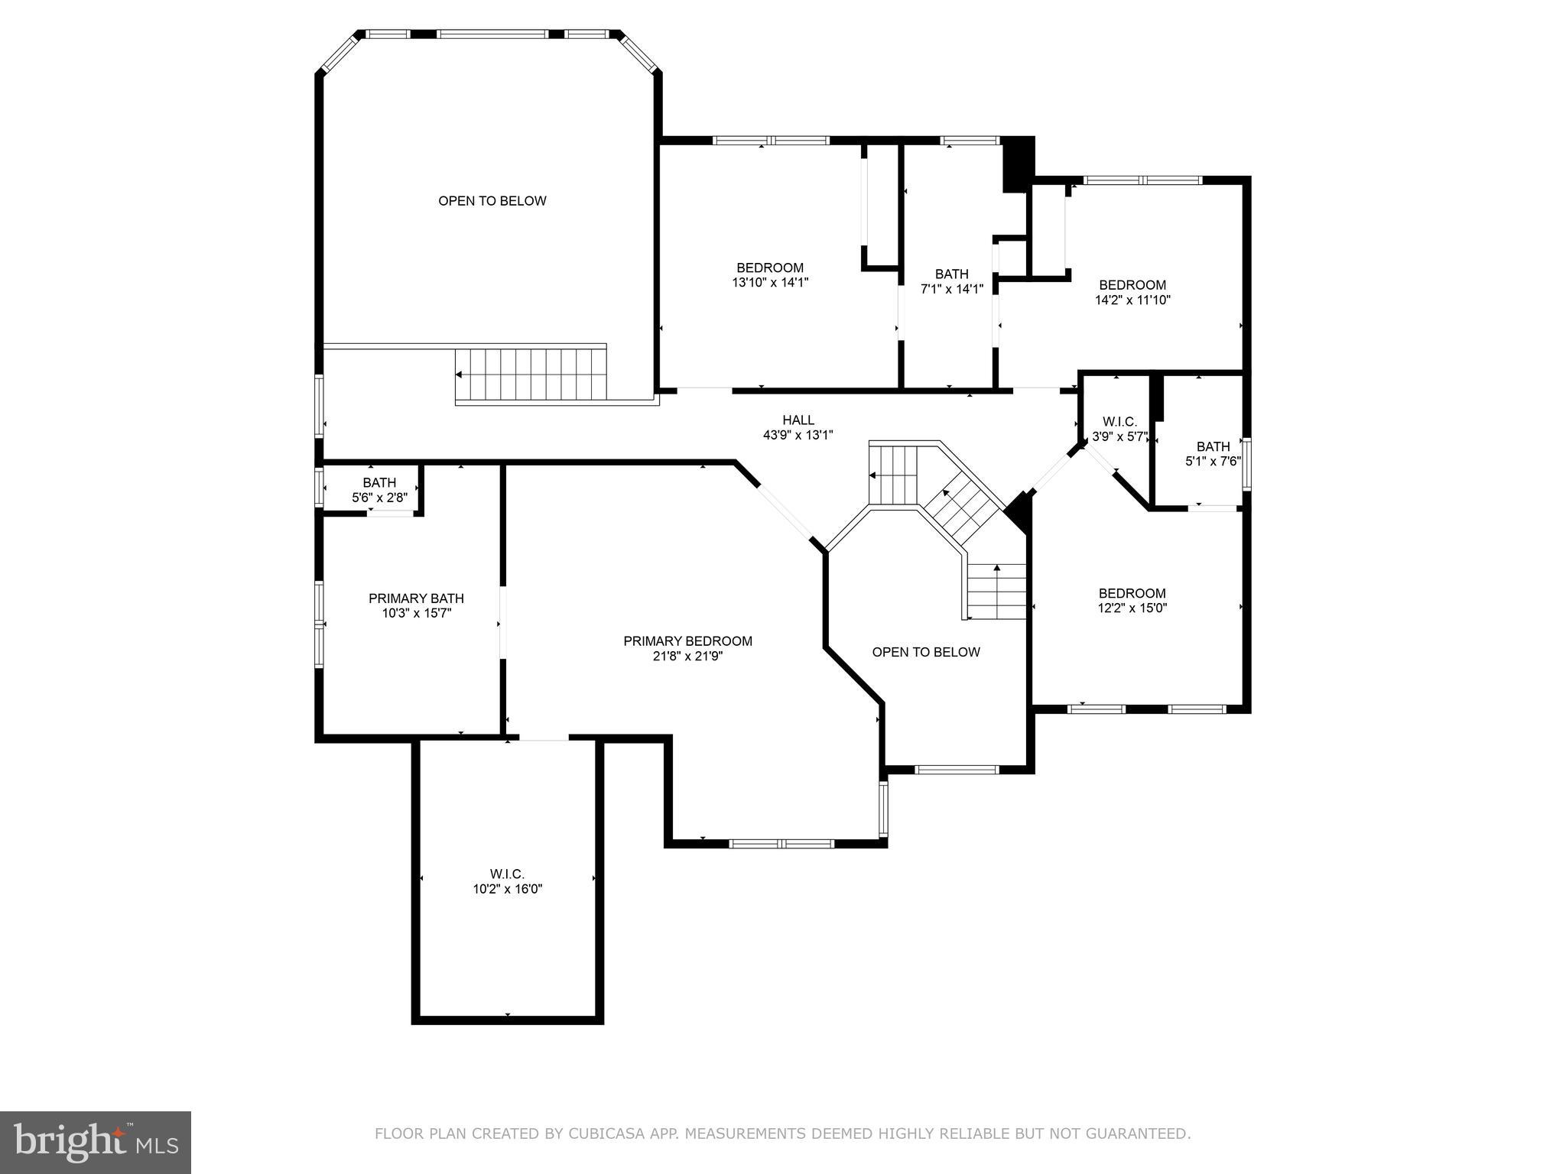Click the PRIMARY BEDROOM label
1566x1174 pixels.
point(687,641)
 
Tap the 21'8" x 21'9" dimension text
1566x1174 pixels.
point(687,656)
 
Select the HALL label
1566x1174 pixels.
point(798,420)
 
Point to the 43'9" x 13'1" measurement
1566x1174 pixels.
point(798,435)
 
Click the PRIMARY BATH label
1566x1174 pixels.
point(416,598)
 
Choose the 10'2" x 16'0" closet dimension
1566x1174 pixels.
point(507,889)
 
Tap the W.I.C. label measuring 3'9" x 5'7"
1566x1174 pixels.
point(1119,422)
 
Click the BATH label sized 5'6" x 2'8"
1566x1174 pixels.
point(379,483)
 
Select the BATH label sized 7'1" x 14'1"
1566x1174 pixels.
point(951,274)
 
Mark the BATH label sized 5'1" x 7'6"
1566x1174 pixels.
point(1213,447)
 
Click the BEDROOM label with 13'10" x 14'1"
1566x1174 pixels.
point(770,268)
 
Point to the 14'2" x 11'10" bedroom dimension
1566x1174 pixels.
point(1132,300)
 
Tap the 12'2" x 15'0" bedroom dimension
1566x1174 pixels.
point(1132,608)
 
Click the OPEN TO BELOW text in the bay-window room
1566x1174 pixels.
point(492,201)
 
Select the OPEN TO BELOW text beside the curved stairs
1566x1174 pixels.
point(925,652)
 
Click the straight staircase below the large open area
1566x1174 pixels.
point(531,375)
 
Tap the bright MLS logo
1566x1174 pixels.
point(96,1142)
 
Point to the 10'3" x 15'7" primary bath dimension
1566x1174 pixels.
point(416,613)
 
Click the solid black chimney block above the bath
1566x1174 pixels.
point(1018,164)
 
